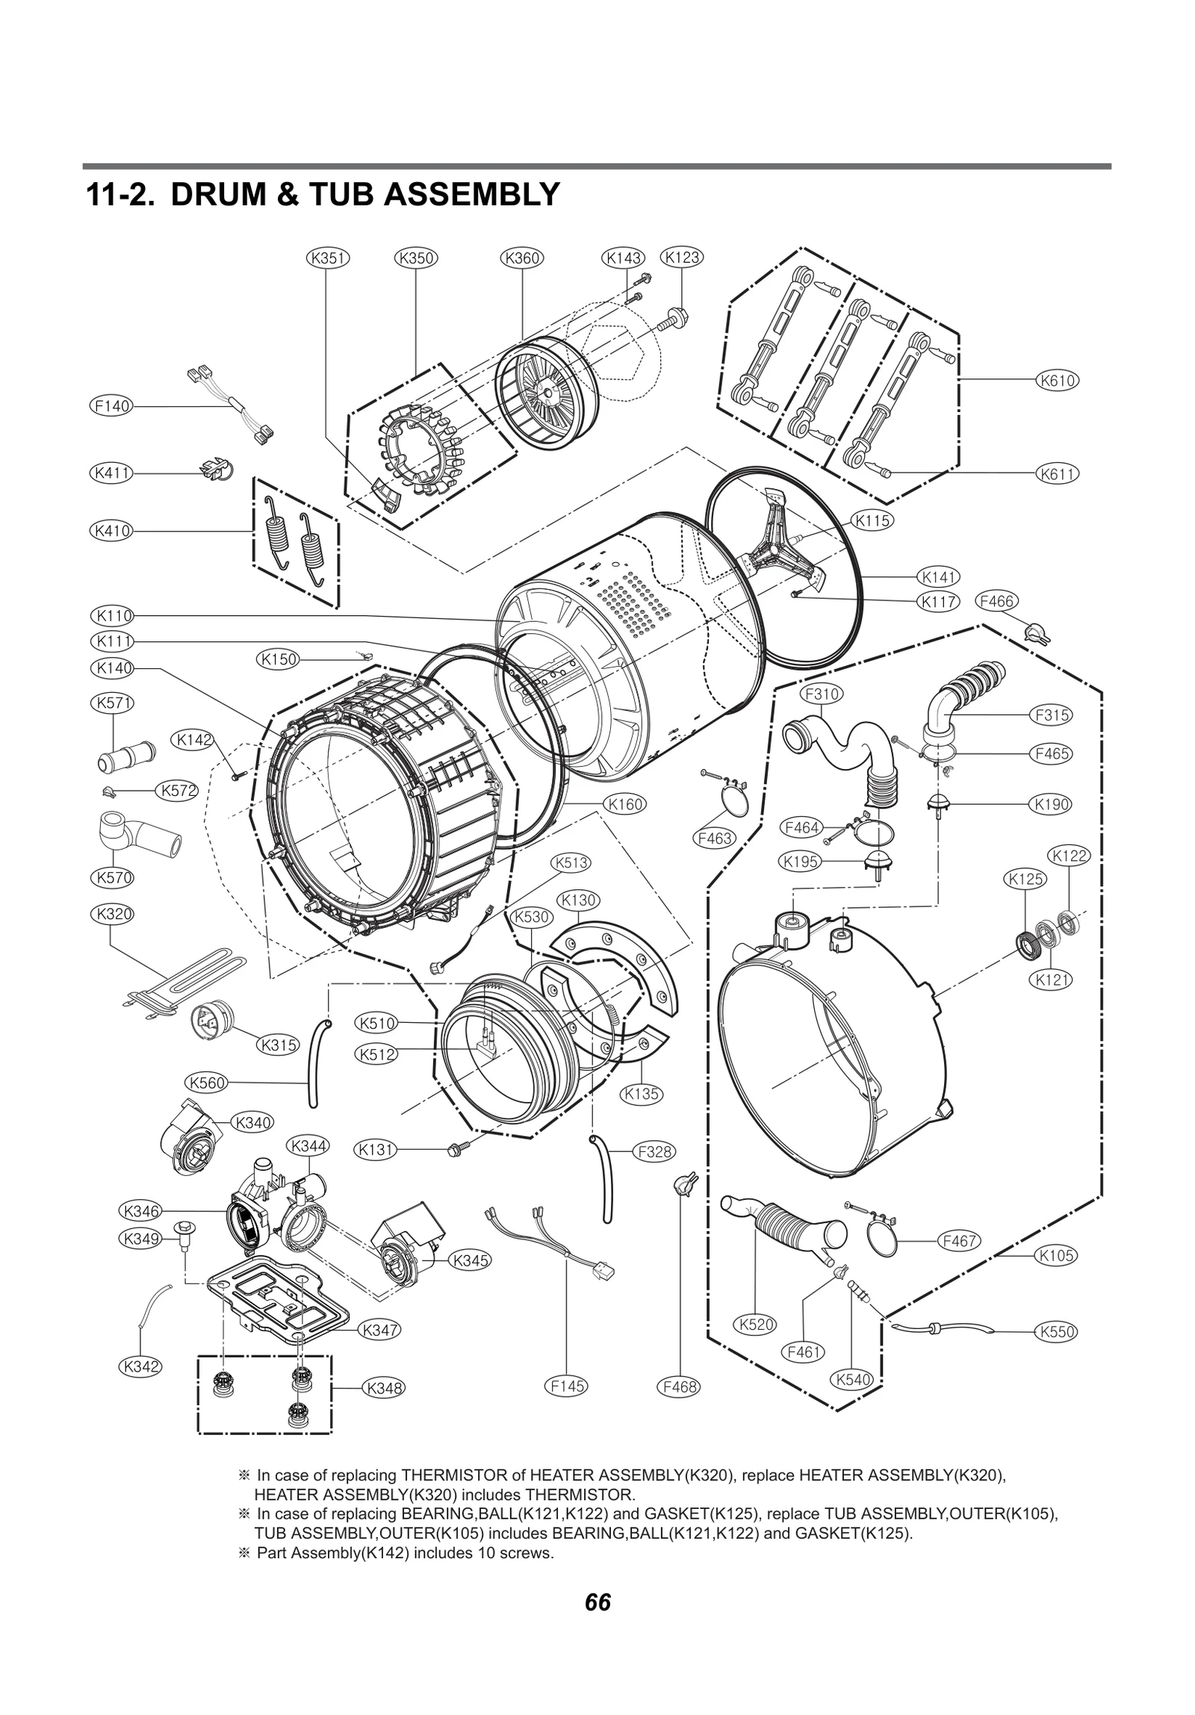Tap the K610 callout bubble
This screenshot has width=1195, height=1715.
(1057, 380)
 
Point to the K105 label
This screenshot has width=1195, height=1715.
(1057, 1256)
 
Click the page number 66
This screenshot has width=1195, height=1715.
(598, 1602)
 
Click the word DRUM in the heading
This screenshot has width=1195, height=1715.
(217, 195)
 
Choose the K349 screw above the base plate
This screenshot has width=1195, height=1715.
(181, 1230)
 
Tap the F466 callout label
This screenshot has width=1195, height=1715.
(997, 601)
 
